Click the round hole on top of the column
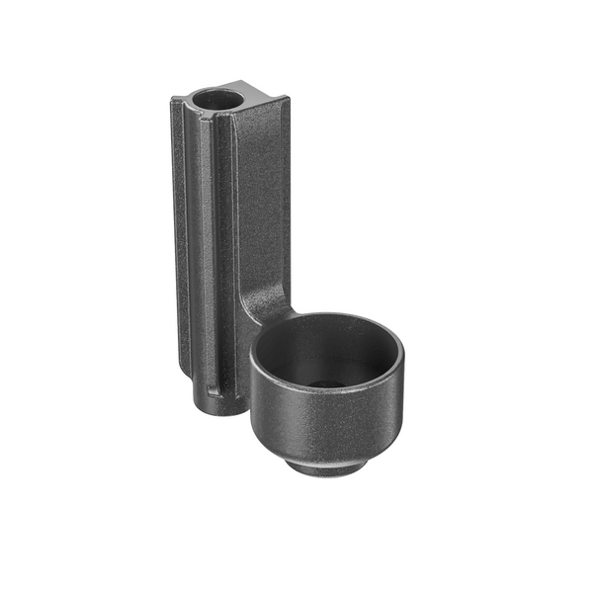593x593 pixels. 217,100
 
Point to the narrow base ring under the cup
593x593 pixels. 326,465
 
